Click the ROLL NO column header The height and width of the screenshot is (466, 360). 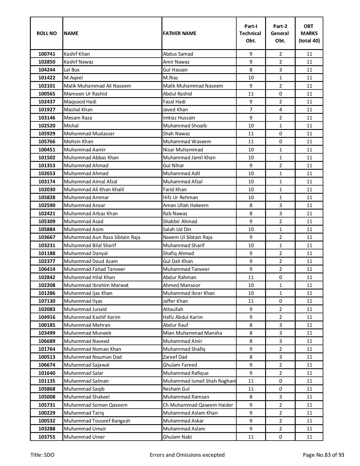(47, 33)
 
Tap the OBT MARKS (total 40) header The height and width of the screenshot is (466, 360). (309, 33)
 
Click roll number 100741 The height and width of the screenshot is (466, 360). (47, 54)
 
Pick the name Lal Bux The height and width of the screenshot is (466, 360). (72, 70)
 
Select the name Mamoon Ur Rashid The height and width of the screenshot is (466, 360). (85, 94)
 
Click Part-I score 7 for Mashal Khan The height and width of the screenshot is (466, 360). (251, 110)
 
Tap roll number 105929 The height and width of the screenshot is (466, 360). (47, 134)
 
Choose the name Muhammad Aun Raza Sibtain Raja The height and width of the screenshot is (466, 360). (102, 237)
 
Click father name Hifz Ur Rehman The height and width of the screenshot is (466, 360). (180, 197)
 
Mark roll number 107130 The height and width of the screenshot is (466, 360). (47, 301)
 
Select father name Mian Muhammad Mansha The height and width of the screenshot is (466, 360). (192, 333)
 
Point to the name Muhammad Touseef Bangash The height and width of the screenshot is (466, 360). (97, 421)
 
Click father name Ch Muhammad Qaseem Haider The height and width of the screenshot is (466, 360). (198, 405)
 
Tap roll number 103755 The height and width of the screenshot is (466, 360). (47, 437)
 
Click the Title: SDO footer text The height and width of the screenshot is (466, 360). (42, 455)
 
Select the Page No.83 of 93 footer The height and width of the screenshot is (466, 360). (323, 455)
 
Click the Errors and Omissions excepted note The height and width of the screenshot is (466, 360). (187, 455)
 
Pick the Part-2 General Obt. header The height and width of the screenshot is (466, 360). (280, 33)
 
